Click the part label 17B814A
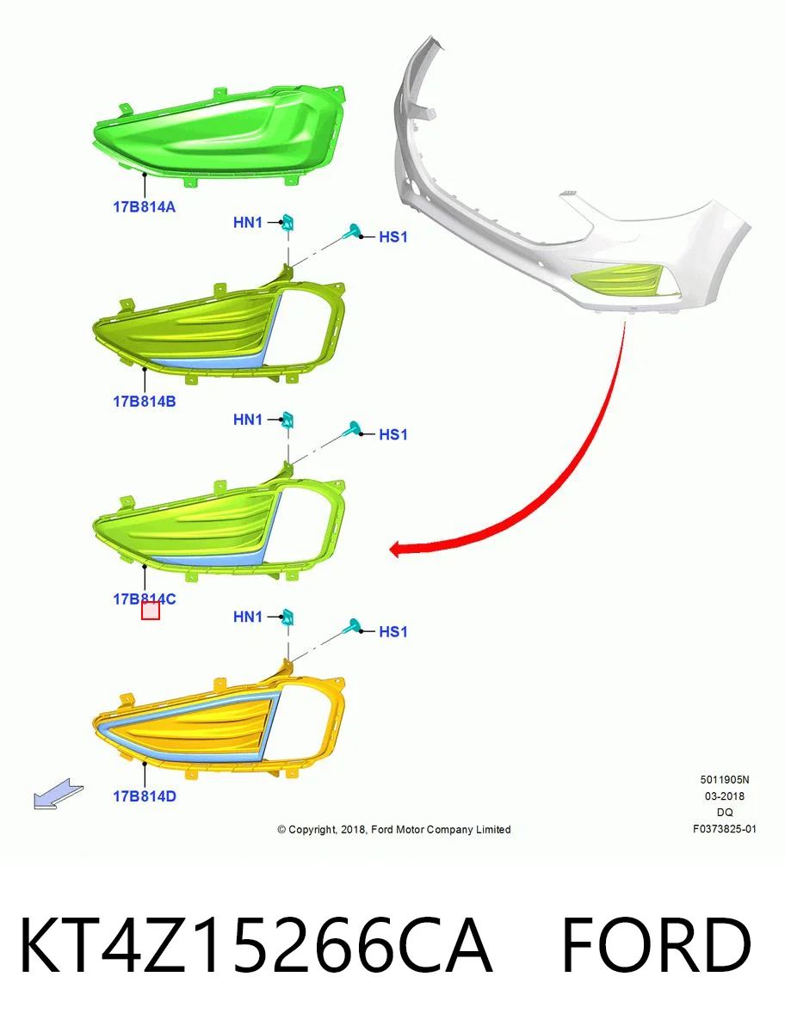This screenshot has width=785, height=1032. [144, 207]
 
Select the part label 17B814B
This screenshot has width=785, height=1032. [144, 402]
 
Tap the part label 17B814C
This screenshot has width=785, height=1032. [144, 599]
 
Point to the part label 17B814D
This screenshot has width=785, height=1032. [145, 796]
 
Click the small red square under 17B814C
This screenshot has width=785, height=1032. [151, 611]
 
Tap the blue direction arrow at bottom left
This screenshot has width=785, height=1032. [59, 794]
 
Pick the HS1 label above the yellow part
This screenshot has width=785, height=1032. [393, 631]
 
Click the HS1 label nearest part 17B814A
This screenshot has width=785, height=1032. [393, 236]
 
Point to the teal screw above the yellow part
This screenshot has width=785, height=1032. [352, 626]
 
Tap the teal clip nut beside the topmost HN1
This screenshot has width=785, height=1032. [287, 222]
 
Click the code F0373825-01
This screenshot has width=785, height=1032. [725, 829]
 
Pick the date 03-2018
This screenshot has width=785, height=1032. [725, 796]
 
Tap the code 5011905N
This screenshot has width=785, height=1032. [725, 779]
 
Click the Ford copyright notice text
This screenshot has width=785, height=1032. [394, 829]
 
